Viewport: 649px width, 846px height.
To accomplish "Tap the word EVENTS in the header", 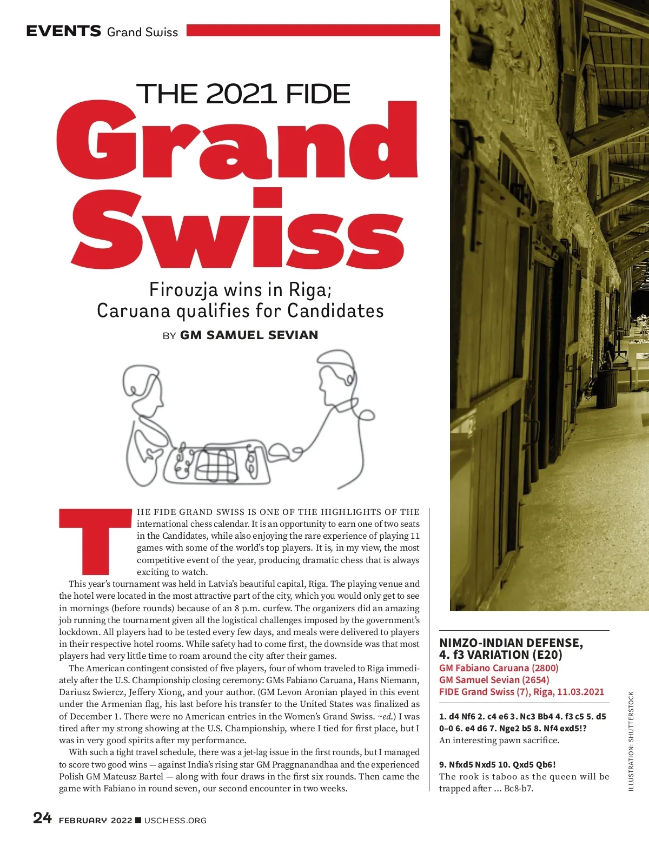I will [64, 31].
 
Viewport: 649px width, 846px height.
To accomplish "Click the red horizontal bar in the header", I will [313, 30].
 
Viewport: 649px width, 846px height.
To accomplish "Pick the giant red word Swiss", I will [238, 233].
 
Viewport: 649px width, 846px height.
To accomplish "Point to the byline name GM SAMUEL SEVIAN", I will [249, 335].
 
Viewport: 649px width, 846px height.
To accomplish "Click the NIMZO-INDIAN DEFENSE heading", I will [511, 643].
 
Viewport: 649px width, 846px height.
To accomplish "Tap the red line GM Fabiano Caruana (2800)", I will [499, 668].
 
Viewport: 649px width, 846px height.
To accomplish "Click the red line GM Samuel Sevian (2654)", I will [494, 680].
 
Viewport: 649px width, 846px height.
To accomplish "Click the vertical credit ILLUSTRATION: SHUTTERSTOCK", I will [631, 741].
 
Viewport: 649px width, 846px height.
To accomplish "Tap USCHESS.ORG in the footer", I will [175, 821].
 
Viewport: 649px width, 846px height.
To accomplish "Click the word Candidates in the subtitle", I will [335, 311].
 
